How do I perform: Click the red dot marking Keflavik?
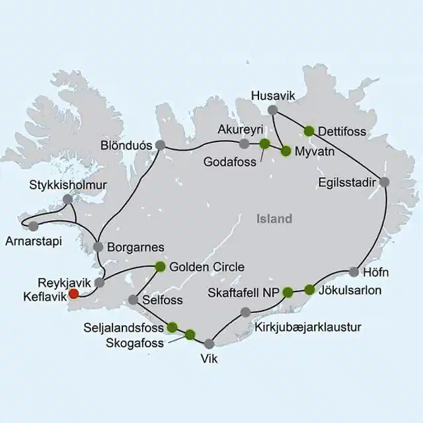74,294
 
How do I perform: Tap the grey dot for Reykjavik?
99,283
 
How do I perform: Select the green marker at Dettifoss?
309,130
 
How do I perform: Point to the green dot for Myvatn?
286,151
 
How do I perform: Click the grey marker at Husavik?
272,110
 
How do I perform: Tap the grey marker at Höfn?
354,271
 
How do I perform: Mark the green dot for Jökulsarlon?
309,289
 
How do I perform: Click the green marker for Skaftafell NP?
288,291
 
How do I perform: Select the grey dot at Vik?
210,343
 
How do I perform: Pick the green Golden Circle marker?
159,267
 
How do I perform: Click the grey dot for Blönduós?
160,145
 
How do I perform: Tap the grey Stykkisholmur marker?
67,198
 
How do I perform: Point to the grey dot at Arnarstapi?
34,226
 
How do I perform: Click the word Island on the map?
273,219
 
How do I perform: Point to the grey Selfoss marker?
133,299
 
